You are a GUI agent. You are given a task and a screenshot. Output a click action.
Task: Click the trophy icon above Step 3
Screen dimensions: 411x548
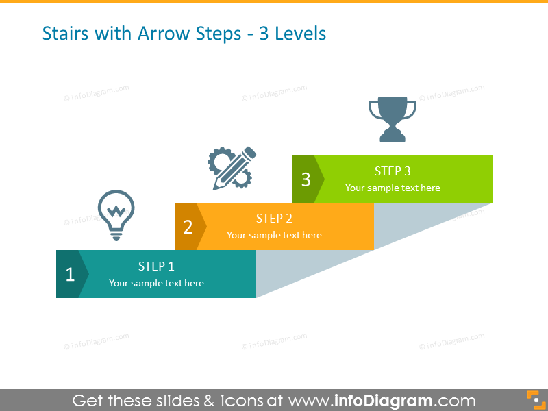tap(392, 119)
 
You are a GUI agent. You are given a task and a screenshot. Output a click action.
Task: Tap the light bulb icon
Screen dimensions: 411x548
tap(116, 214)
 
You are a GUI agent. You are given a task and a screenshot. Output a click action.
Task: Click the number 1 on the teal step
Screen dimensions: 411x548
tap(70, 275)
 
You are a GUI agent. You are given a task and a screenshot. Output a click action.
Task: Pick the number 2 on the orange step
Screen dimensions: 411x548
tap(188, 227)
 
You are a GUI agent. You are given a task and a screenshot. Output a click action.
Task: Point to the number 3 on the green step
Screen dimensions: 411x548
tap(306, 179)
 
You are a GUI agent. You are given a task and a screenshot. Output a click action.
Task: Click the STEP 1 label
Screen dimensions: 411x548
tap(156, 266)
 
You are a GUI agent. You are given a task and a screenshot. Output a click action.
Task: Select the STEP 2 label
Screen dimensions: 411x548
tap(274, 219)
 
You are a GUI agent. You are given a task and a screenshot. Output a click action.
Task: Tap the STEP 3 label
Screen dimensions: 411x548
tap(393, 171)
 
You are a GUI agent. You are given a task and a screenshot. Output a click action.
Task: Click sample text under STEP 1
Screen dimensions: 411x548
tap(156, 283)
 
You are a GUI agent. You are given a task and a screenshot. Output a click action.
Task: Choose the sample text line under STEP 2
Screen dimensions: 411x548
tap(274, 235)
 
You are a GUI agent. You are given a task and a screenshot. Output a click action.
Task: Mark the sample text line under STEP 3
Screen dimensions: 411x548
tap(393, 188)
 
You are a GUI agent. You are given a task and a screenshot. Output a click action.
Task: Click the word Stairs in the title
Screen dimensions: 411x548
tap(64, 33)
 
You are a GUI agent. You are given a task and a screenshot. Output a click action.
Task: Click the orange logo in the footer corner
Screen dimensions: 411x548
tap(534, 399)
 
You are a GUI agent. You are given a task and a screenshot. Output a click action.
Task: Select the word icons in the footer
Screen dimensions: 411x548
tap(245, 401)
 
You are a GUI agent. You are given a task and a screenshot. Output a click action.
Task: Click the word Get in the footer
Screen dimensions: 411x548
tap(90, 401)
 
